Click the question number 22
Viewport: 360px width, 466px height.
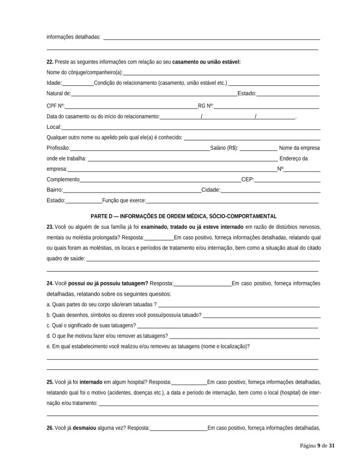[x=50, y=62]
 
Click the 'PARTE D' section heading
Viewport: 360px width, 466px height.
[x=183, y=216]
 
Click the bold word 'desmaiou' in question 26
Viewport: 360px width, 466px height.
[x=84, y=428]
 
